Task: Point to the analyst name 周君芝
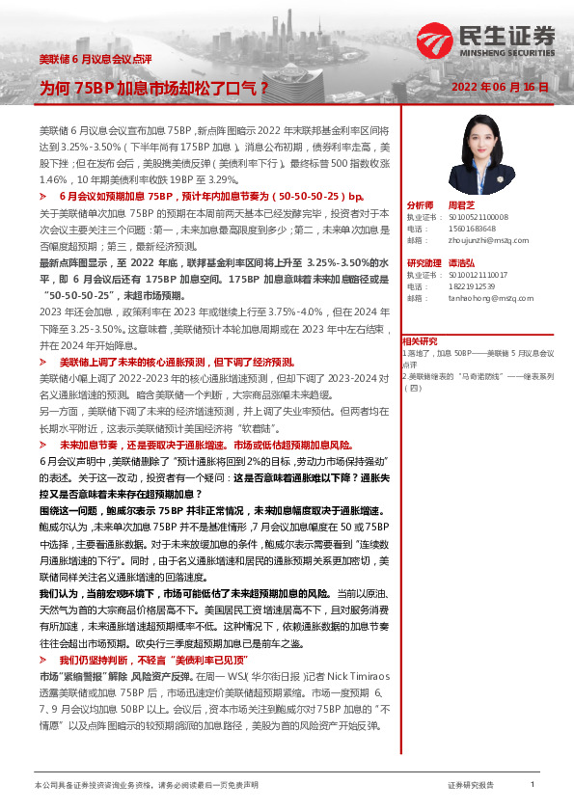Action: pos(458,205)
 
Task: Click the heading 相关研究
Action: pos(422,340)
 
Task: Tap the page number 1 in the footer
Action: pos(533,785)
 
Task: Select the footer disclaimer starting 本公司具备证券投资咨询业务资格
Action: pos(146,786)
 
